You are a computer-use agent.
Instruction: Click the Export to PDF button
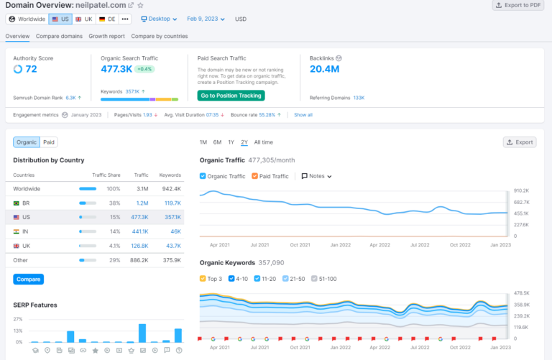(519, 5)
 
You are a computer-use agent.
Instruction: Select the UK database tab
(83, 19)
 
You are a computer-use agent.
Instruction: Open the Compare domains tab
(59, 36)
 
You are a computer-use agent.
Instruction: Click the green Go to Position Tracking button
(231, 96)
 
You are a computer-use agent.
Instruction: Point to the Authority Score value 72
(31, 69)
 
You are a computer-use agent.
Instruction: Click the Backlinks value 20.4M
(324, 69)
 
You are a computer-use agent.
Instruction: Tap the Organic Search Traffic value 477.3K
(116, 69)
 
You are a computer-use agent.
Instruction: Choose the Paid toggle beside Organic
(49, 142)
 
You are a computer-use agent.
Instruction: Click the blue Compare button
(28, 279)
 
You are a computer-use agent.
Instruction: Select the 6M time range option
(217, 142)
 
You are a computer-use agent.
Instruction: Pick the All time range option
(263, 142)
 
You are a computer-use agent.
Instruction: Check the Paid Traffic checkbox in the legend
(255, 176)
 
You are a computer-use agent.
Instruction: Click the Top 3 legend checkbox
(203, 279)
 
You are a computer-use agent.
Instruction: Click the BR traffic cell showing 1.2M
(142, 203)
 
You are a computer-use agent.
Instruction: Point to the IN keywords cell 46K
(175, 231)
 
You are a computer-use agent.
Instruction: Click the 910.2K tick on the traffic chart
(521, 191)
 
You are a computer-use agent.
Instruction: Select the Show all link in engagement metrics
(303, 115)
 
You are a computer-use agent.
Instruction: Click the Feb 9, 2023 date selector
(206, 19)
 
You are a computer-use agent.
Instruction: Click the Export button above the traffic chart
(519, 142)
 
